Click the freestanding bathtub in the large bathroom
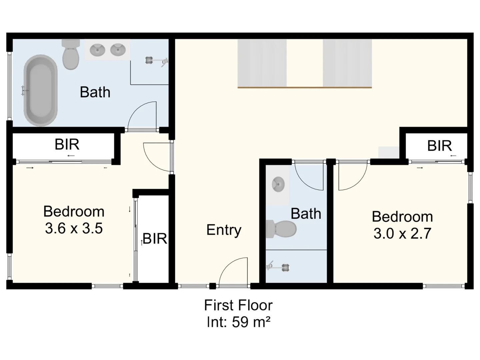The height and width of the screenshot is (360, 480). [40, 91]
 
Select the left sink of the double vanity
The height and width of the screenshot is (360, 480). [97, 50]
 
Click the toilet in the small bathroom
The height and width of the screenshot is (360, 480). [282, 229]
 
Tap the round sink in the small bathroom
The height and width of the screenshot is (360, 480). [278, 184]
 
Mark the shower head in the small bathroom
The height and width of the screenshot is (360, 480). [278, 267]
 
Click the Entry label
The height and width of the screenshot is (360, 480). [224, 230]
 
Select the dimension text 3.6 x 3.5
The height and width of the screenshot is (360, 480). [74, 229]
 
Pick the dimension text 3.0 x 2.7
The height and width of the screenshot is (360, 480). [402, 233]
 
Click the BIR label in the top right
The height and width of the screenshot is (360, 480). [439, 146]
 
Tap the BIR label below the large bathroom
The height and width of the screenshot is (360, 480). [67, 145]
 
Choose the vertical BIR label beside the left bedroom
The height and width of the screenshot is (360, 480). [154, 239]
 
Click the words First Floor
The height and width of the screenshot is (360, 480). [238, 305]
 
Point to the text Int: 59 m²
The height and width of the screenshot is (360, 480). [238, 322]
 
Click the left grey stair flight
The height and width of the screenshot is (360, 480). [262, 63]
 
